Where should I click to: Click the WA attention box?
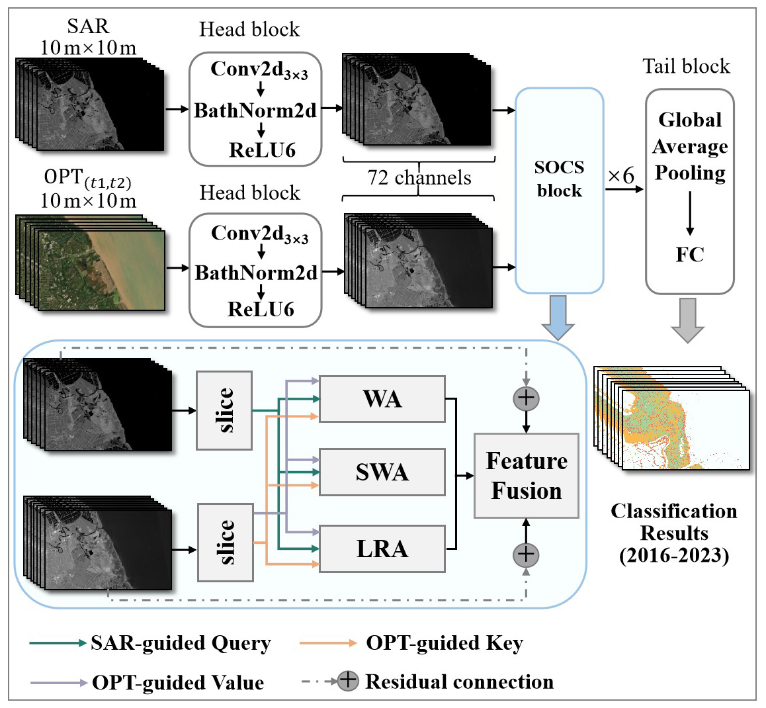pyautogui.click(x=382, y=399)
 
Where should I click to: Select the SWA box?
pyautogui.click(x=382, y=472)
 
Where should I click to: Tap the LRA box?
pyautogui.click(x=382, y=549)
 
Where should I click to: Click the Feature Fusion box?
pyautogui.click(x=527, y=476)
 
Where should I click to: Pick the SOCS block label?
pyautogui.click(x=559, y=179)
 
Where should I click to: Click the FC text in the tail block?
pyautogui.click(x=690, y=254)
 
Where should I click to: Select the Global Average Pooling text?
pyautogui.click(x=690, y=146)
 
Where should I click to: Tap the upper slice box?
pyautogui.click(x=224, y=410)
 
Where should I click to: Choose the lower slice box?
pyautogui.click(x=226, y=543)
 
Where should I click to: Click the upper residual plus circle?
pyautogui.click(x=527, y=398)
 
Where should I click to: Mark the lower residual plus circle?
pyautogui.click(x=527, y=554)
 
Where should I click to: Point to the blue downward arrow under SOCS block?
pyautogui.click(x=558, y=318)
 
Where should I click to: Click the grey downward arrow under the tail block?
pyautogui.click(x=689, y=320)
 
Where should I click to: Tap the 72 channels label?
pyautogui.click(x=419, y=178)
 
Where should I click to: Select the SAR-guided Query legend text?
pyautogui.click(x=181, y=643)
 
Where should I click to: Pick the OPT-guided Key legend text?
pyautogui.click(x=445, y=643)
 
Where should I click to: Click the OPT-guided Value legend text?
pyautogui.click(x=178, y=682)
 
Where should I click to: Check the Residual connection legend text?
pyautogui.click(x=459, y=682)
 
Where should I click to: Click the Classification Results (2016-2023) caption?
pyautogui.click(x=673, y=533)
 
